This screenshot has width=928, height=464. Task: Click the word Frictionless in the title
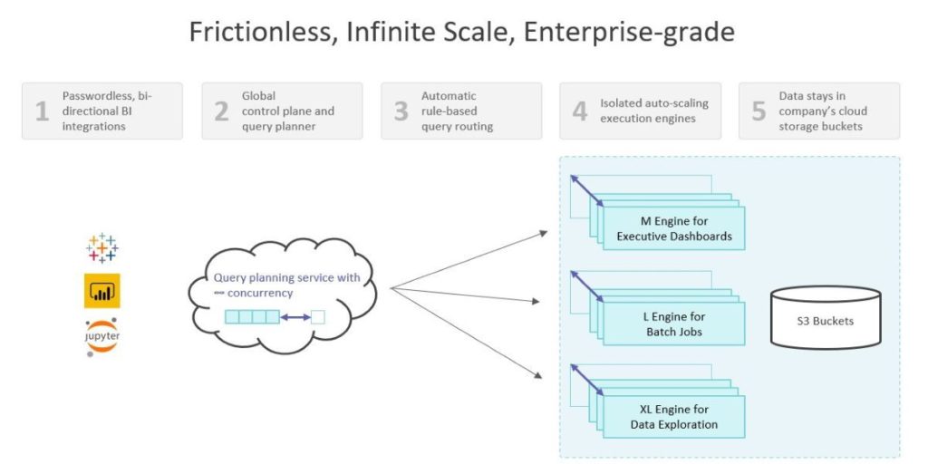(257, 32)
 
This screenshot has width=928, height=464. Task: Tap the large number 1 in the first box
(42, 111)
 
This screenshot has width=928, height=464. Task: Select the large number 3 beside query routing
(401, 111)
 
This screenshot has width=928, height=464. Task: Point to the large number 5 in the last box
(759, 111)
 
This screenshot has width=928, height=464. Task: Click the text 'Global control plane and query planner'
(287, 111)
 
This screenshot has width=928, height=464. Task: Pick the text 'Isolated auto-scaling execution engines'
(654, 111)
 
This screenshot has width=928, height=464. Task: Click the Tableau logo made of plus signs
(101, 248)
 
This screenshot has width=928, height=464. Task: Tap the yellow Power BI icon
(101, 291)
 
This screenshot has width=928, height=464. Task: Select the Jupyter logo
(101, 337)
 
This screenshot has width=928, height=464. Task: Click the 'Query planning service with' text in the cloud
(286, 277)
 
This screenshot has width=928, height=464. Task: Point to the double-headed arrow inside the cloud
(295, 317)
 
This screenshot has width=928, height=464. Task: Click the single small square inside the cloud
(318, 317)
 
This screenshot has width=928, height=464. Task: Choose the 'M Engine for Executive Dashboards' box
(673, 228)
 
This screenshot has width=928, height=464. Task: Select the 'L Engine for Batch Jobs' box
(673, 324)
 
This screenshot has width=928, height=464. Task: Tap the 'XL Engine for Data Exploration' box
(673, 417)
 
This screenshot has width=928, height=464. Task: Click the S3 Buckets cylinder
(826, 317)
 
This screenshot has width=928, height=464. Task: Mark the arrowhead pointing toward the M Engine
(544, 234)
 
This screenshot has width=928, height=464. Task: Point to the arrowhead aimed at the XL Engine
(536, 374)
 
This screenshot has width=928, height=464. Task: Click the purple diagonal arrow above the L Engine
(586, 286)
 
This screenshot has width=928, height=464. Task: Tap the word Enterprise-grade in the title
(629, 33)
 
